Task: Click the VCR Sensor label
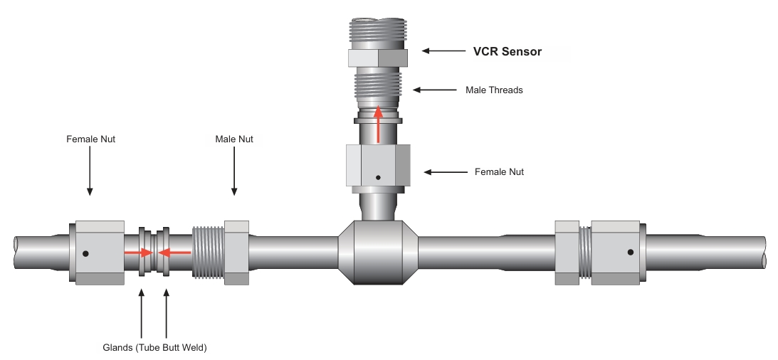click(508, 51)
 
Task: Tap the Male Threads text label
click(494, 90)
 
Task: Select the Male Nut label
click(234, 139)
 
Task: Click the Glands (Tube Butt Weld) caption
click(154, 347)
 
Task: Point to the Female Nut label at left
click(90, 139)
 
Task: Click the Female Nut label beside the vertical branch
click(499, 172)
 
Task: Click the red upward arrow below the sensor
click(379, 124)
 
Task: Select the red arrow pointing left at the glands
click(174, 252)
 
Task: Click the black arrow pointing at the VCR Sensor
click(444, 51)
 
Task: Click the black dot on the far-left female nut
click(86, 253)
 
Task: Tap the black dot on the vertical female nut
click(379, 177)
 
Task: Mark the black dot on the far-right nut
click(631, 252)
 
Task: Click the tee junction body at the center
click(378, 253)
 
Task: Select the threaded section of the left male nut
click(209, 253)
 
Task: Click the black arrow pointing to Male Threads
click(435, 90)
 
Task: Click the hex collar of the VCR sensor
click(377, 58)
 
